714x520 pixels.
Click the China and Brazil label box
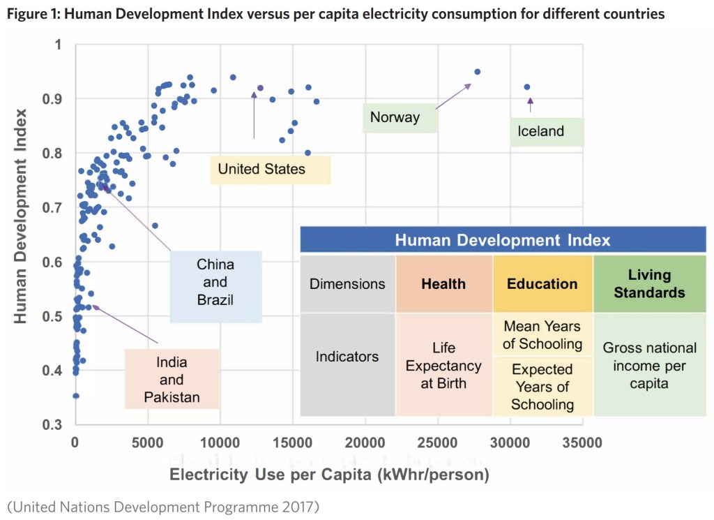pos(215,283)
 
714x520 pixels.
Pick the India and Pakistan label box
pos(172,380)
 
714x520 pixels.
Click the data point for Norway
pos(478,72)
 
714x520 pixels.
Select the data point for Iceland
pos(527,87)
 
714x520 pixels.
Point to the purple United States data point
pos(260,88)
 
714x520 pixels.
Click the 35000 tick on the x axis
pos(582,443)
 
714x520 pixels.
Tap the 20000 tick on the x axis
pos(365,443)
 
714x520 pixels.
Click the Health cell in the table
pos(443,284)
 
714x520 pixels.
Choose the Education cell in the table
pos(542,284)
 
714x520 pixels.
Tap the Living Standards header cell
pos(649,283)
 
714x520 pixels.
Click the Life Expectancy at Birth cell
pos(443,365)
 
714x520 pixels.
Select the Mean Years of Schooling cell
pos(542,335)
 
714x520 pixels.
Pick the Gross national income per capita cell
pos(649,365)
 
